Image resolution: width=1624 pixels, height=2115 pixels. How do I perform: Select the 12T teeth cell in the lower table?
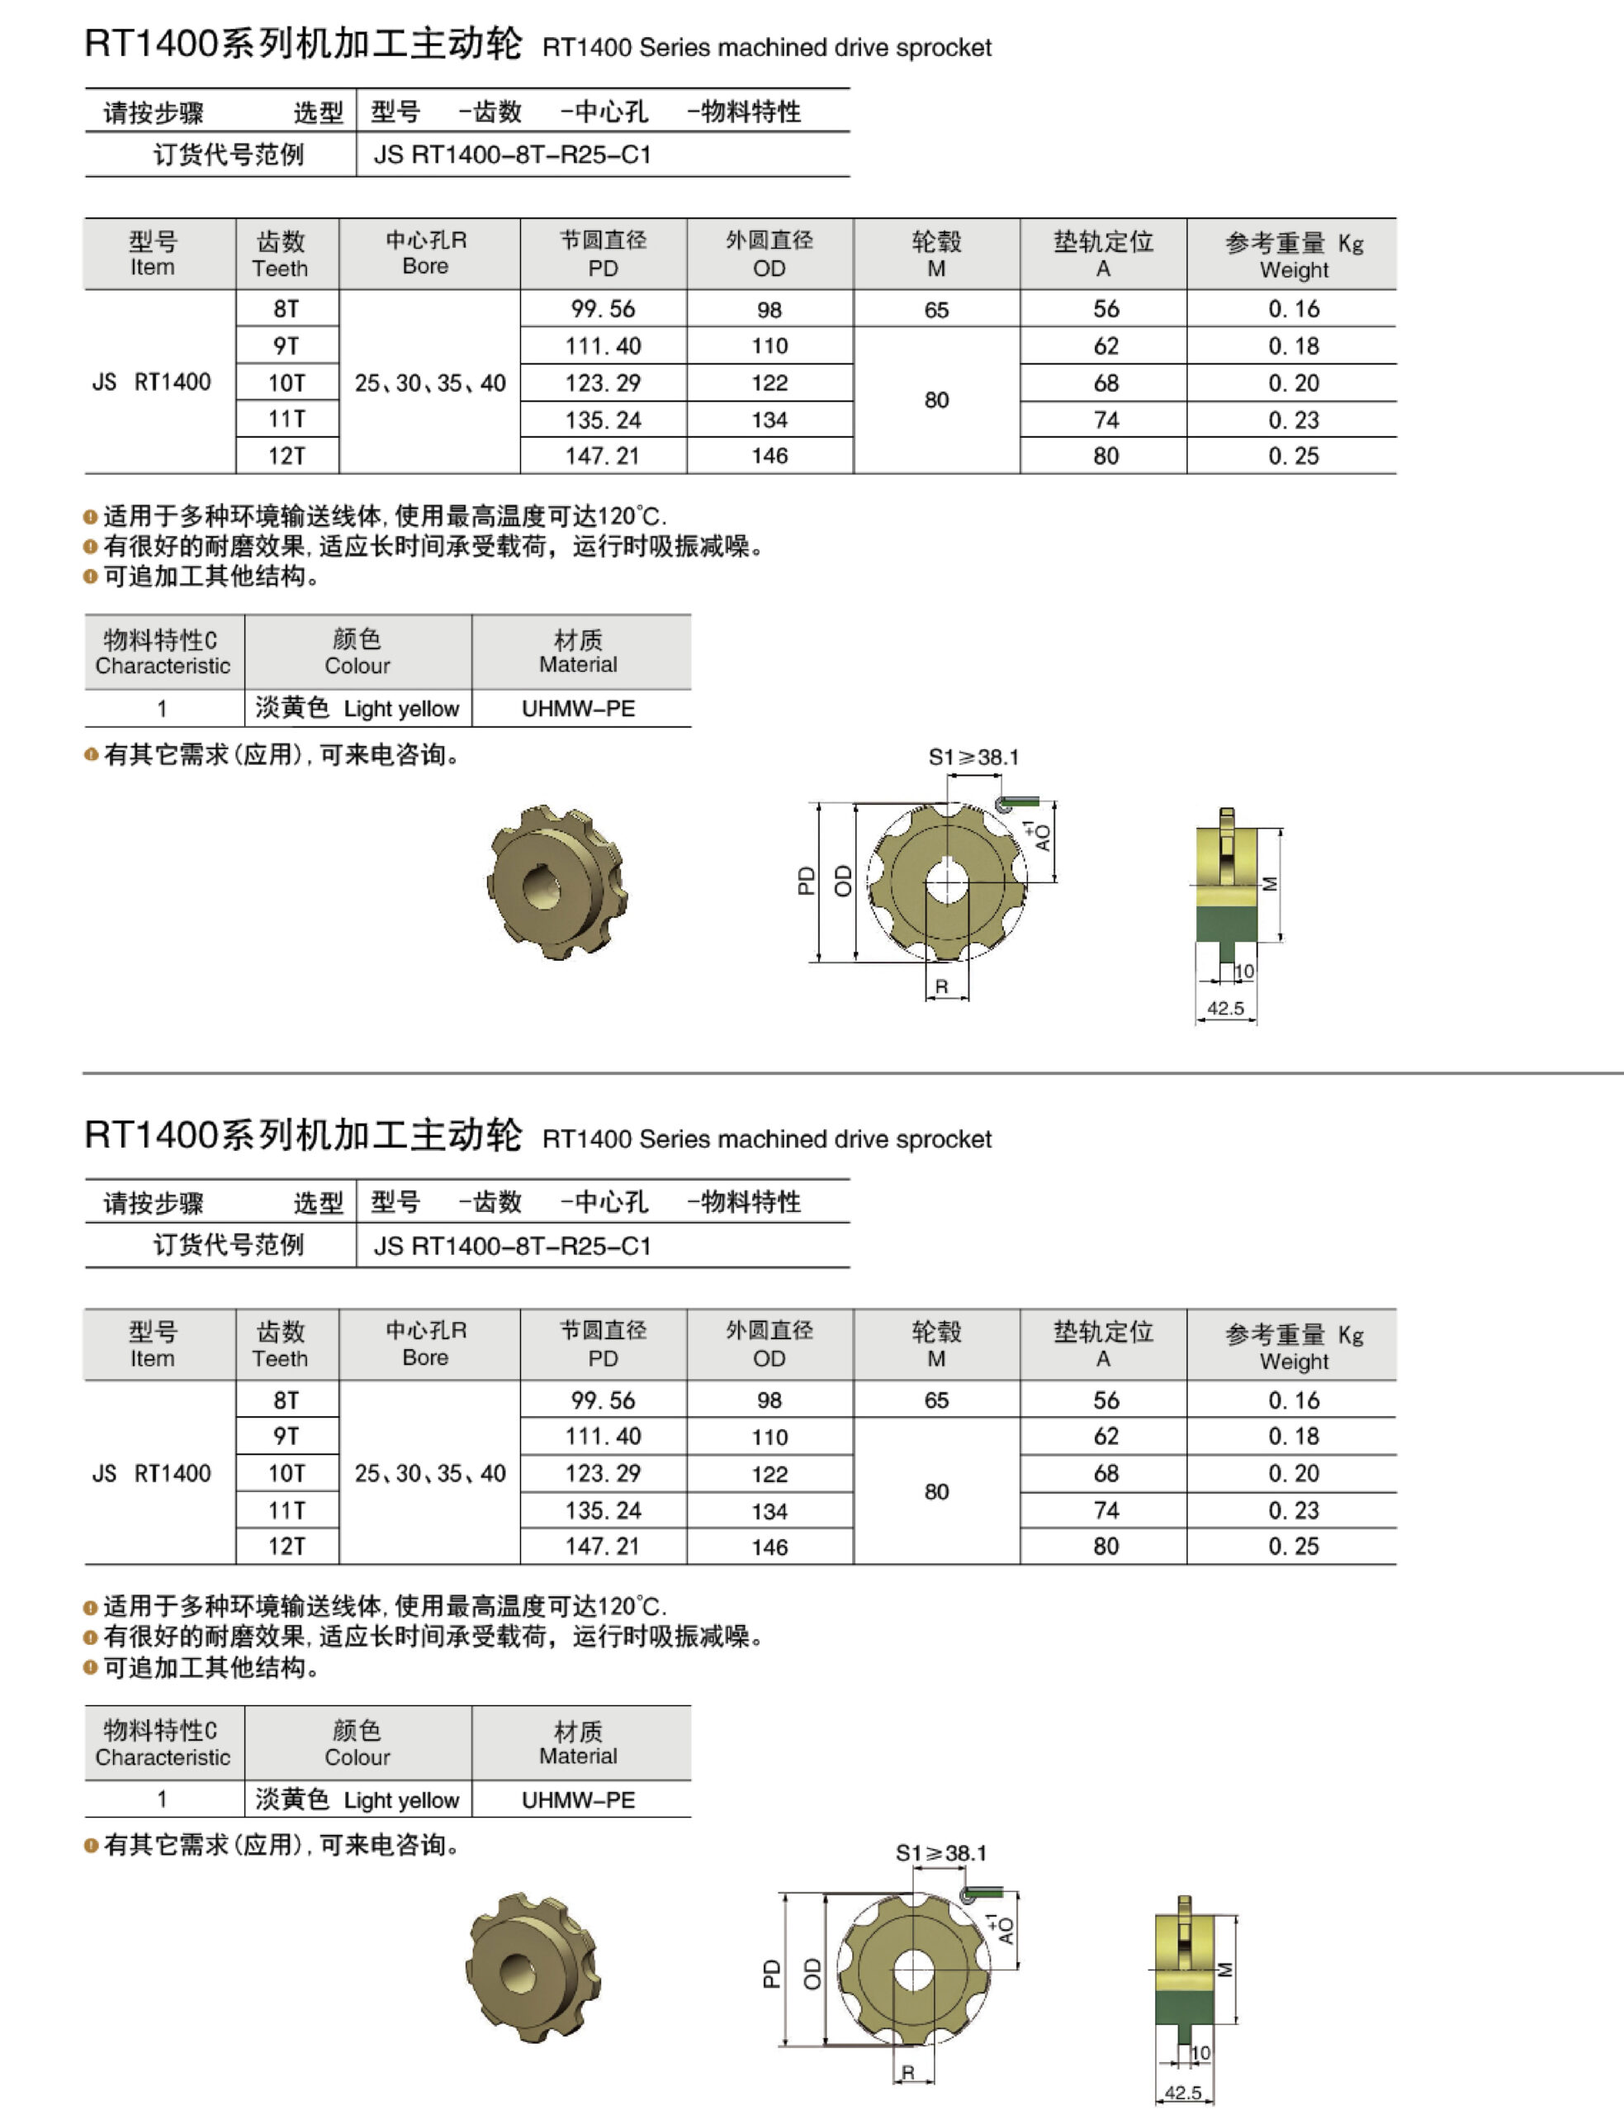[x=286, y=1546]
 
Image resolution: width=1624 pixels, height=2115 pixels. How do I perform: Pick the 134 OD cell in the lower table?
[x=769, y=1510]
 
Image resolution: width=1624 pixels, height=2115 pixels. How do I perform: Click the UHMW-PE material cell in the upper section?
[x=578, y=708]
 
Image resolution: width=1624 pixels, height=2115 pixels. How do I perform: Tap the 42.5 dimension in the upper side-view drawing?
[x=1224, y=1008]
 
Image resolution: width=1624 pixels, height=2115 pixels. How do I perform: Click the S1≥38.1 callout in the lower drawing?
[x=940, y=1853]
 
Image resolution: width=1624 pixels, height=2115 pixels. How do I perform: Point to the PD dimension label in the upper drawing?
[x=805, y=880]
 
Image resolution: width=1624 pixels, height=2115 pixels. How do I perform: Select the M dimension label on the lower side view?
[x=1224, y=1969]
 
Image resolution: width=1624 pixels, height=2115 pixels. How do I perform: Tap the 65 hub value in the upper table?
[x=935, y=310]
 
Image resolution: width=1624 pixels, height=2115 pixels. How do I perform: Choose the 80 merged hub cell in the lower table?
[x=935, y=1491]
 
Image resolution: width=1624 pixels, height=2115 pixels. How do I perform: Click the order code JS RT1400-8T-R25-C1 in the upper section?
[x=513, y=154]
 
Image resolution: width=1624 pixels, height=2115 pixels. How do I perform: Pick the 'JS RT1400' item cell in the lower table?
[x=152, y=1473]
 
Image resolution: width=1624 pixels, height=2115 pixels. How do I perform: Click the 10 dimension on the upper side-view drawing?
[x=1244, y=971]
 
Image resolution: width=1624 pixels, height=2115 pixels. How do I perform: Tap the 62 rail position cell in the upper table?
[x=1106, y=345]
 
